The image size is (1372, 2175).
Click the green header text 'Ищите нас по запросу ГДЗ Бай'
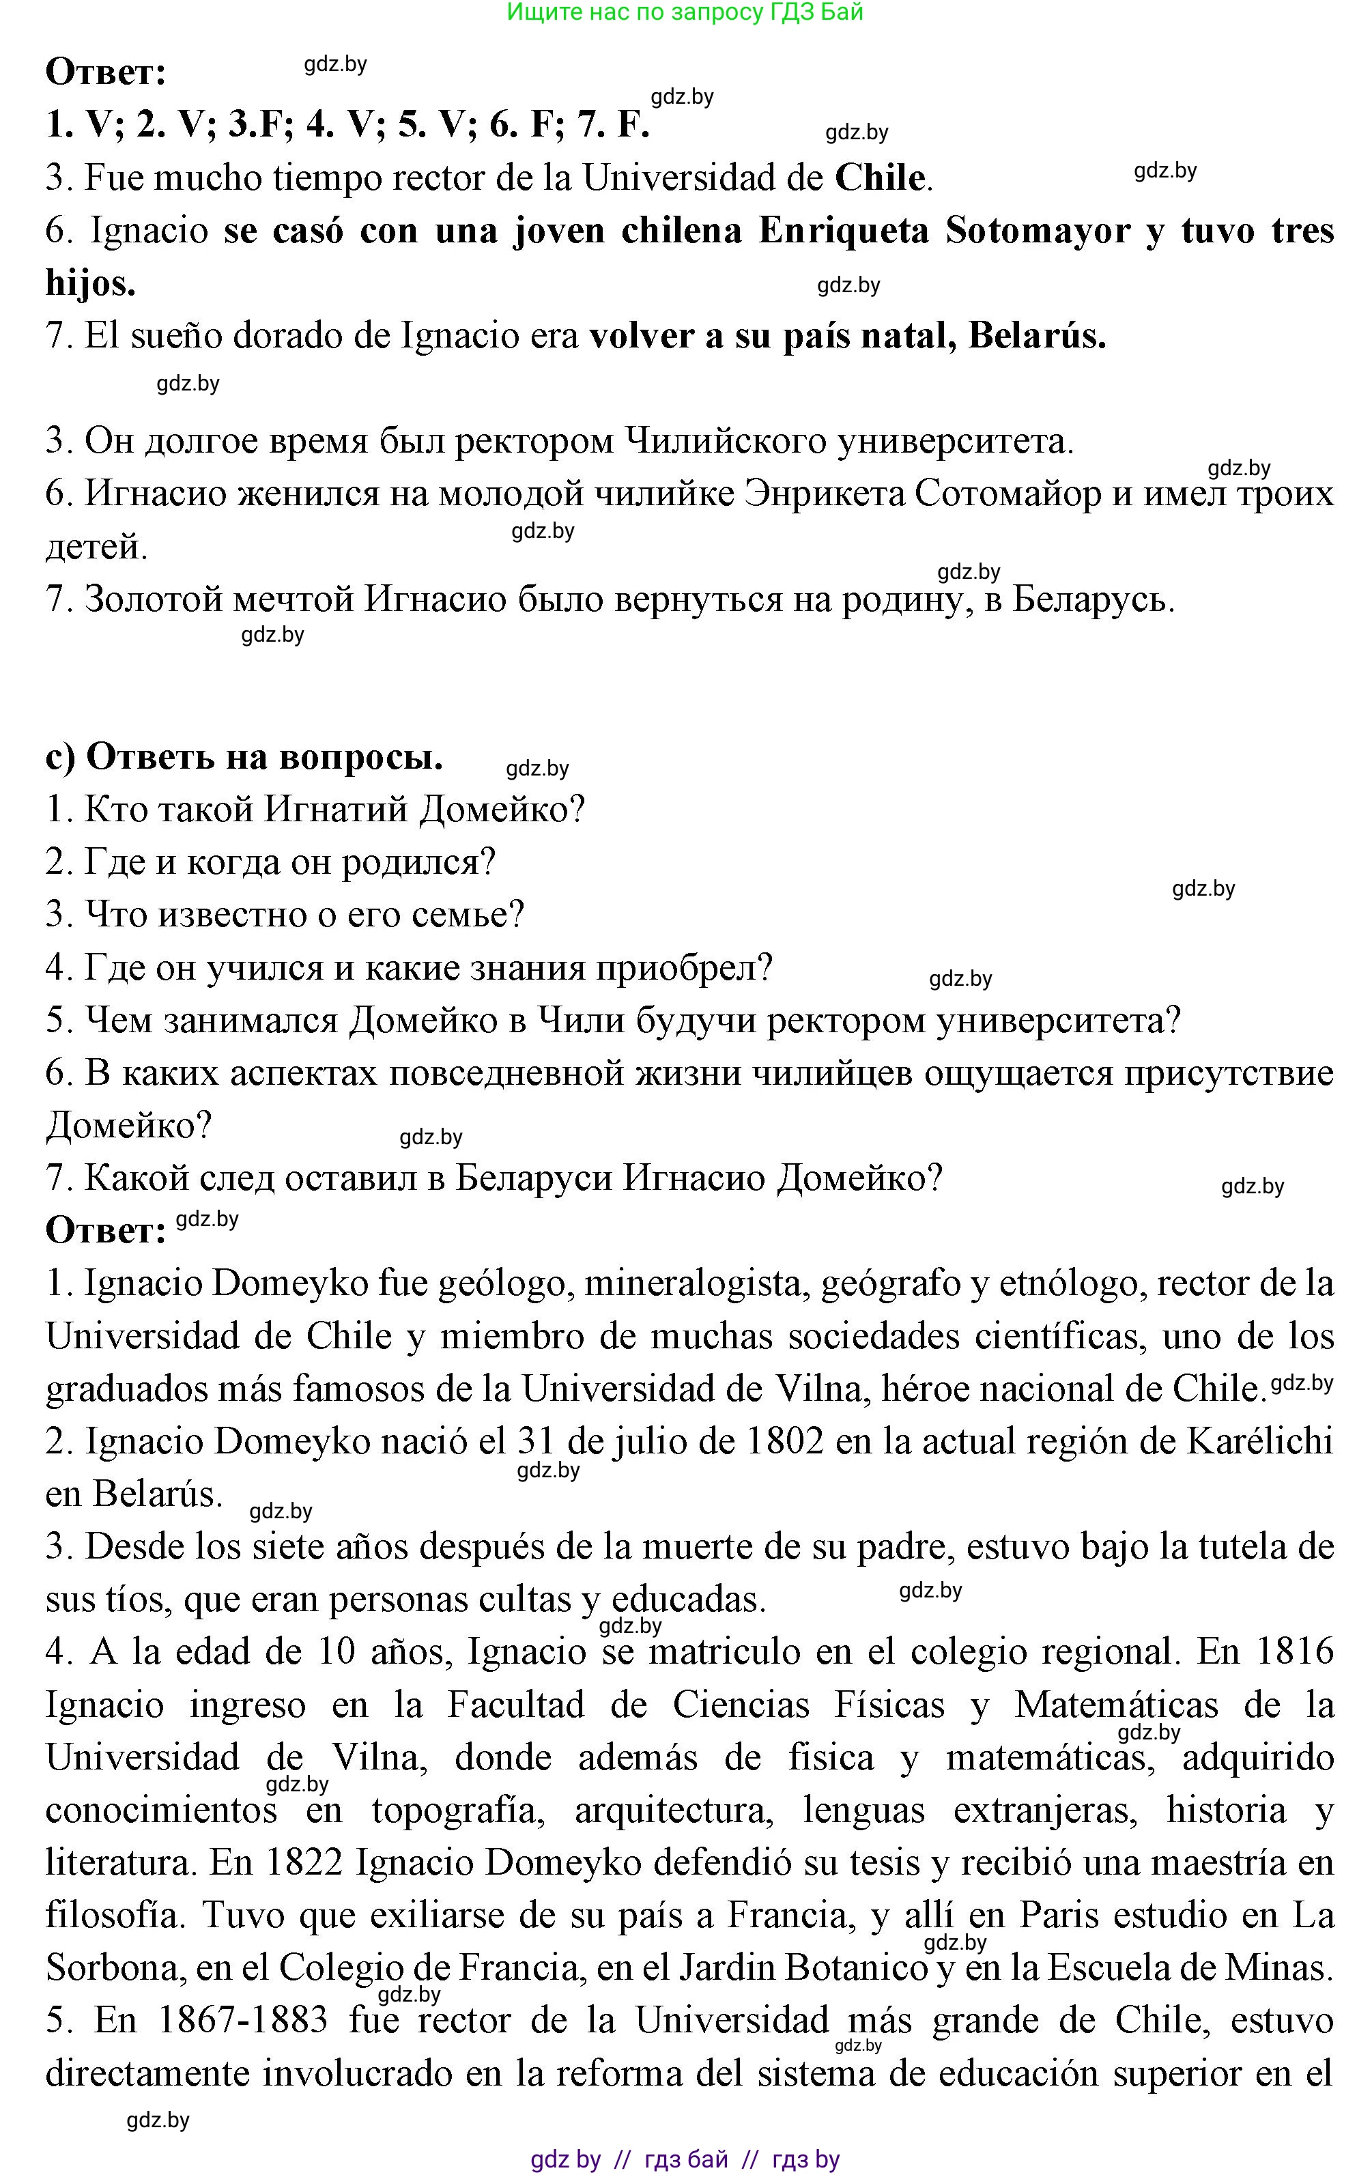coord(685,13)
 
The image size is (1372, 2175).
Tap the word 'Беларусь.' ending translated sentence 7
coord(1093,600)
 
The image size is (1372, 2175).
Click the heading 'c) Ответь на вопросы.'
coord(244,757)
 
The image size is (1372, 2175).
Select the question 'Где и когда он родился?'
coord(271,863)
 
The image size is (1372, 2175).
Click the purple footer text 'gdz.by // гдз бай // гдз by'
coord(685,2160)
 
